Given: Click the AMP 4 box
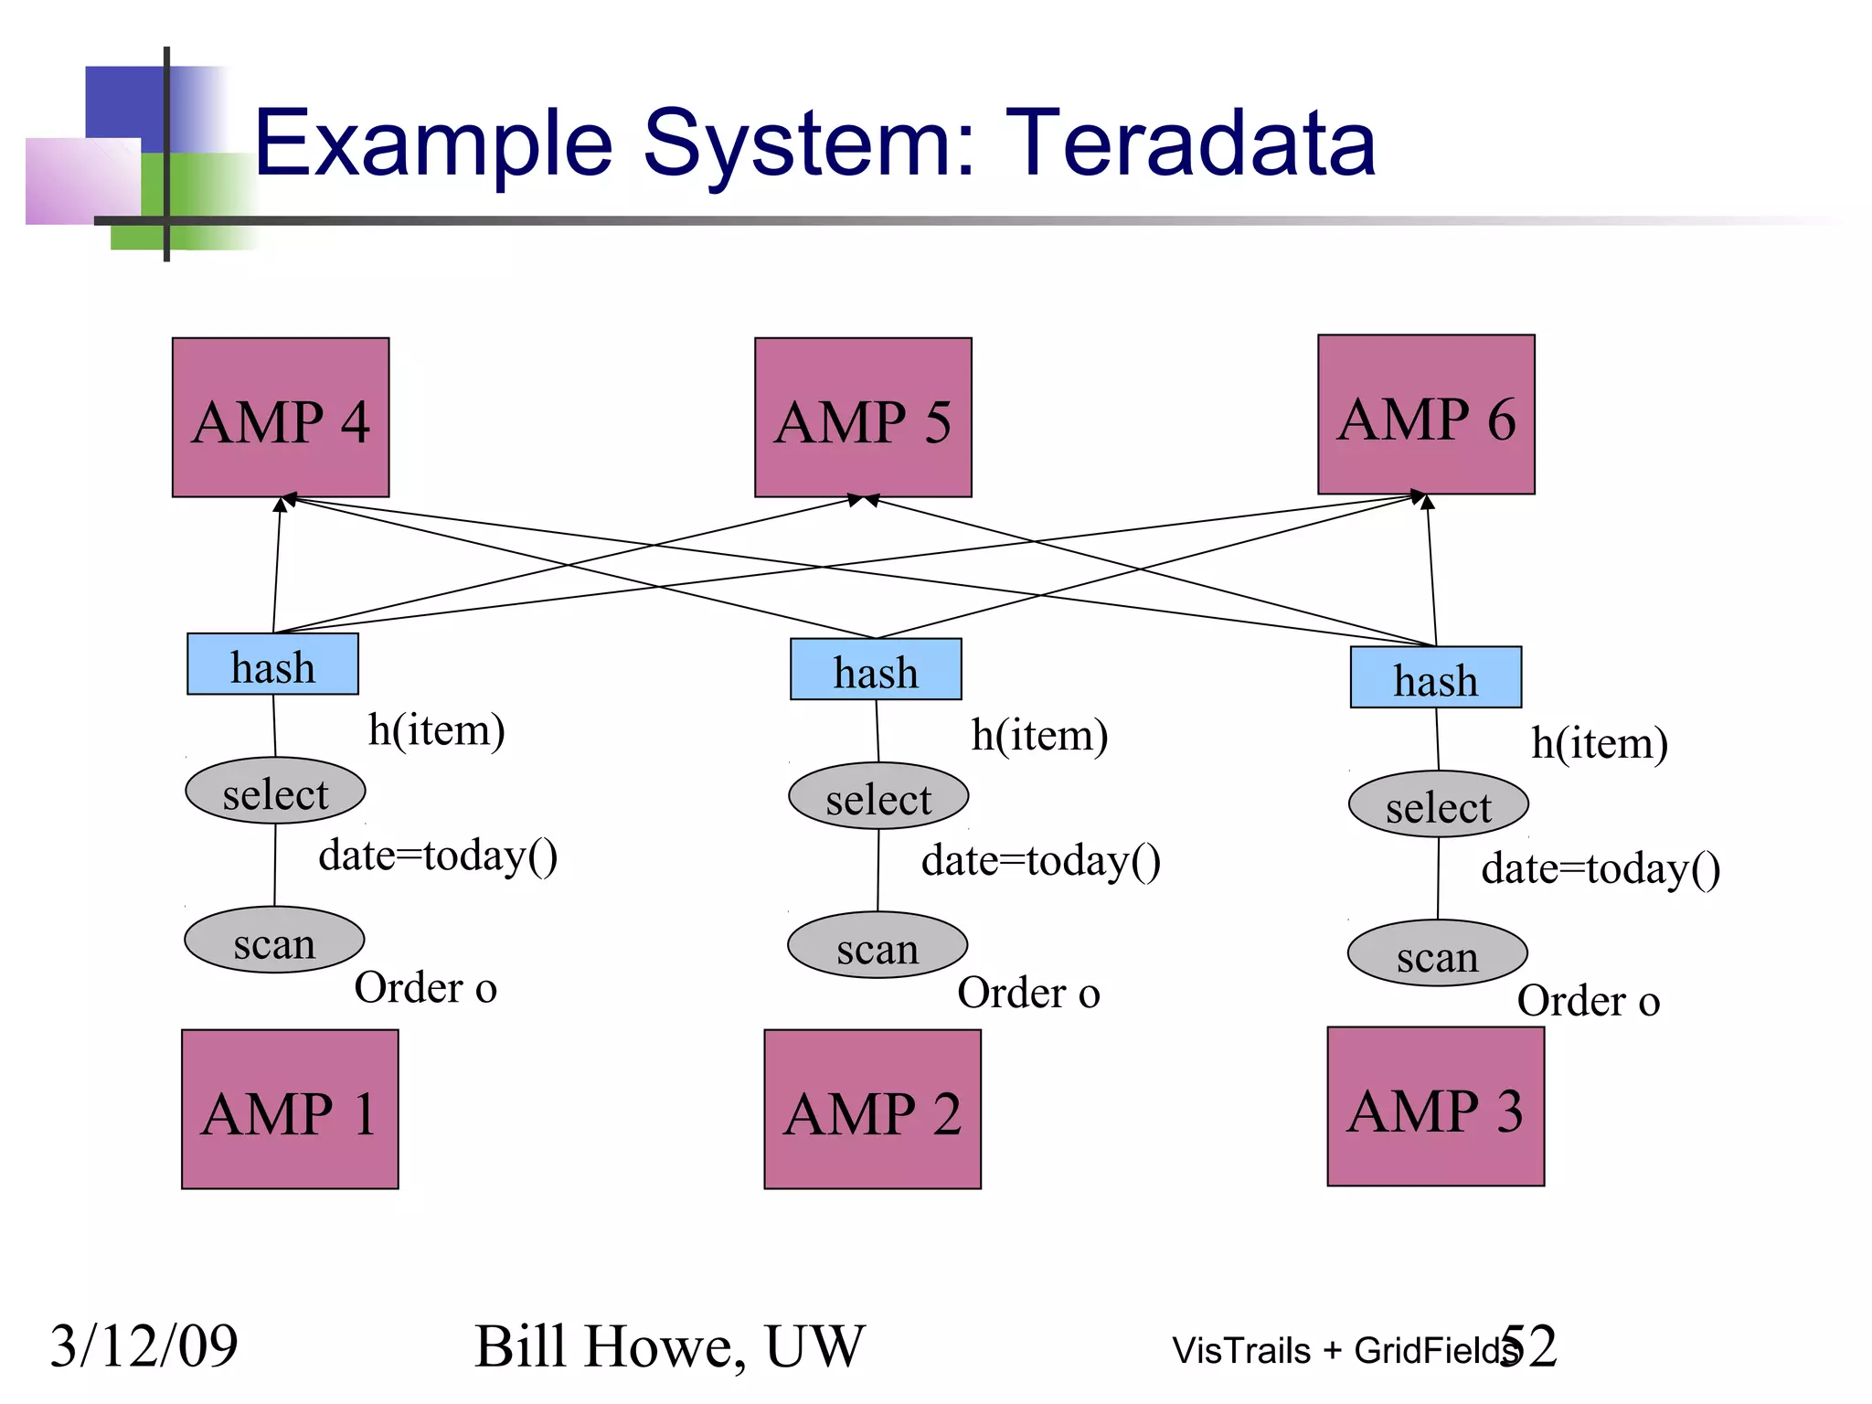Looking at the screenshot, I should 281,418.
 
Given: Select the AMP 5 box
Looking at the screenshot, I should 863,418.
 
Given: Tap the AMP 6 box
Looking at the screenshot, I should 1426,415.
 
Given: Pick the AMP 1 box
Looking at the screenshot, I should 290,1110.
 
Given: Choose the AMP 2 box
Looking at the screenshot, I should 872,1110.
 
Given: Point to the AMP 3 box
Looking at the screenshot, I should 1435,1107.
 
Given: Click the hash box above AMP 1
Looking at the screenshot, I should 272,665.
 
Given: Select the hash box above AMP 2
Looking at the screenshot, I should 876,669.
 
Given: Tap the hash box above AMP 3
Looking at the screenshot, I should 1435,677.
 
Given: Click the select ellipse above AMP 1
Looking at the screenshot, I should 275,792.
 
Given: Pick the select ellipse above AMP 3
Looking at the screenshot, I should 1438,805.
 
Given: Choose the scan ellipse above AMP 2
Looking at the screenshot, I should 877,946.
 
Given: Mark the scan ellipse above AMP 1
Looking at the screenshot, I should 274,941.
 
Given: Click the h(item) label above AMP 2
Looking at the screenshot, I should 1039,735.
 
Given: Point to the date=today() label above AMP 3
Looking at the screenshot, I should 1601,868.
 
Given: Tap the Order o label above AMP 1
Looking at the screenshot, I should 425,988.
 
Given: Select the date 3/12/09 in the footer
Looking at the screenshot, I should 144,1346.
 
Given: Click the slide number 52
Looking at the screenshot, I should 1529,1345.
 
